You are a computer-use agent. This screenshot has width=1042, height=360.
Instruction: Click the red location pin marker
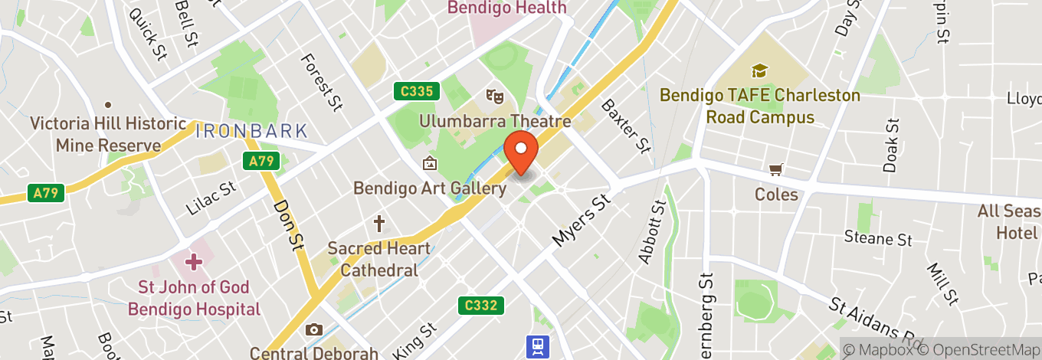[522, 152]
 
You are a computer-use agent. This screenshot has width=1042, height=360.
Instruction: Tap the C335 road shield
[417, 92]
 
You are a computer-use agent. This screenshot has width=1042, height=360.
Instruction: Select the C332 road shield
[482, 306]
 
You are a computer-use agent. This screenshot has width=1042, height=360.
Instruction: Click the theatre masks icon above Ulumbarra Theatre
[495, 97]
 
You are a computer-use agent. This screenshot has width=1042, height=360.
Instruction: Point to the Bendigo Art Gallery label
[429, 188]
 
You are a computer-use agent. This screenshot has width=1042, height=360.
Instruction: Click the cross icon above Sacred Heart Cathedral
[378, 224]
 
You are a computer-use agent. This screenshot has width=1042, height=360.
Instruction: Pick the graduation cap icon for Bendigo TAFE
[760, 71]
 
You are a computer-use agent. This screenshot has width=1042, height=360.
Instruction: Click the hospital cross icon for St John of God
[193, 262]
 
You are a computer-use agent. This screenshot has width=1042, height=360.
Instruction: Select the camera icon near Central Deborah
[313, 330]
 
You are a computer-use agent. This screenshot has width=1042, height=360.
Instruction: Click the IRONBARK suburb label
[251, 131]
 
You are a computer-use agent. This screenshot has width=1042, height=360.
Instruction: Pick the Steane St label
[878, 238]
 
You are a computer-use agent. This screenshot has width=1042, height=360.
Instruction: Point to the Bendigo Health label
[506, 8]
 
